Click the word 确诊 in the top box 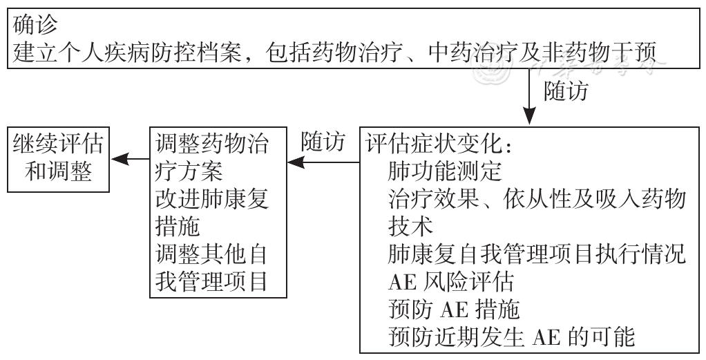pos(35,26)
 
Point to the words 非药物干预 pos(600,53)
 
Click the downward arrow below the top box pos(529,96)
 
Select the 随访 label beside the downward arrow pos(566,91)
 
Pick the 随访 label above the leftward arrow pos(323,142)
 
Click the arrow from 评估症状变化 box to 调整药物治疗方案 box pos(323,162)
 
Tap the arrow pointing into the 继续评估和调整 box pos(130,159)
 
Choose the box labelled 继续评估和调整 pos(59,160)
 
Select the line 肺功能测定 pos(444,171)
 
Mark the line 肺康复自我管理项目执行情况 pos(537,254)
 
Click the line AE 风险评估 pos(450,282)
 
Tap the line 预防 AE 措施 pos(454,309)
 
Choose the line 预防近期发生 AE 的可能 pos(512,337)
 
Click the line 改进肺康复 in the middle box pos(212,199)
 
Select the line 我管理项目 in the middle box pos(212,281)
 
